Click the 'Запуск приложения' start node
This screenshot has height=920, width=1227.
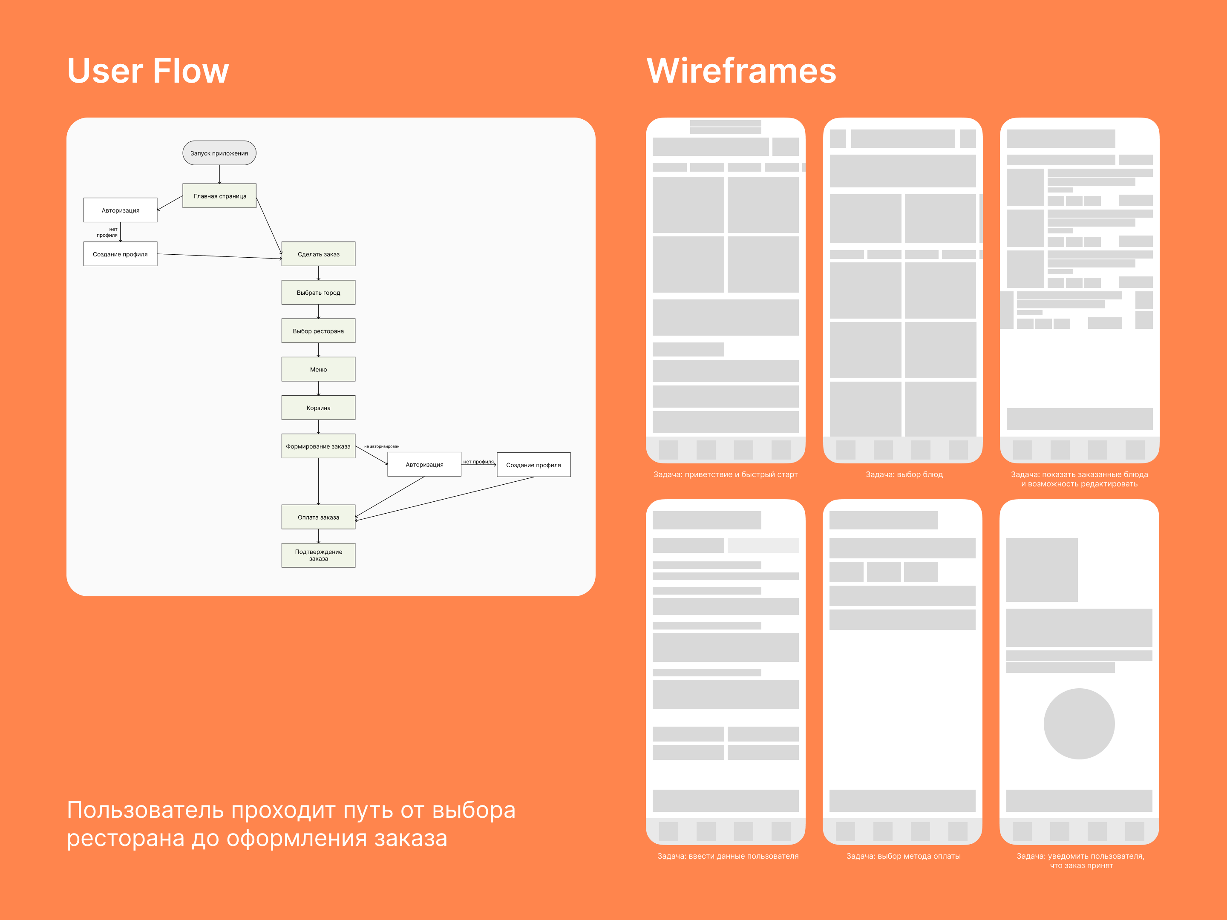click(219, 153)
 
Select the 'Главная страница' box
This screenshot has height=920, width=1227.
click(220, 196)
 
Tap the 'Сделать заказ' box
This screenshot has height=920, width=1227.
click(318, 254)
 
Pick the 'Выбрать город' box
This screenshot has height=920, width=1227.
click(318, 292)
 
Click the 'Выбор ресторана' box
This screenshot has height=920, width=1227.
click(318, 331)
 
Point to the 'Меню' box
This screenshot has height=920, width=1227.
click(318, 369)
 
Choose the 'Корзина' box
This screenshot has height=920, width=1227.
click(318, 408)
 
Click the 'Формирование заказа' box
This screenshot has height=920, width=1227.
click(318, 446)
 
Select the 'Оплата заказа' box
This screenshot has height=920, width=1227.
click(318, 517)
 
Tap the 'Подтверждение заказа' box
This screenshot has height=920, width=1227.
click(318, 555)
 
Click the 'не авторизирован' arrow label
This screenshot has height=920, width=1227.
click(382, 446)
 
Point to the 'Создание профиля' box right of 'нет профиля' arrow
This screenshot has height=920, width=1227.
click(534, 465)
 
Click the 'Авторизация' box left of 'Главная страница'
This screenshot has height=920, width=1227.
click(121, 210)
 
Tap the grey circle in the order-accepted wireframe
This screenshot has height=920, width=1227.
click(1079, 724)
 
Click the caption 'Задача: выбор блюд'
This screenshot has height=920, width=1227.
click(904, 475)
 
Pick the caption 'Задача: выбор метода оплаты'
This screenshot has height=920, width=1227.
click(903, 856)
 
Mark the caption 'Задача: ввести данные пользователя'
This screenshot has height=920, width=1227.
click(728, 856)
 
